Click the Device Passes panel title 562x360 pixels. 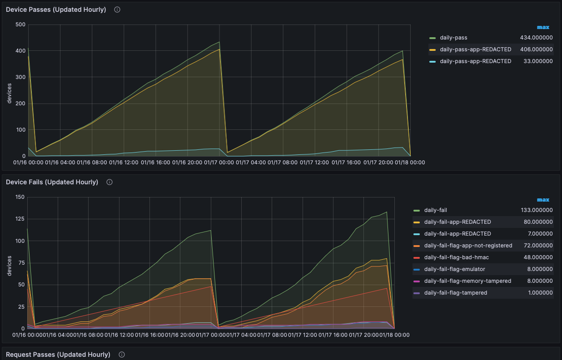pyautogui.click(x=56, y=10)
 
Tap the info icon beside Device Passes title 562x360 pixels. pyautogui.click(x=117, y=10)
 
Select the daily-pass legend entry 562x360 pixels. pyautogui.click(x=453, y=38)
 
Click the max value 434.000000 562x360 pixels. pyautogui.click(x=536, y=38)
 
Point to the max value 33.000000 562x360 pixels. pyautogui.click(x=538, y=61)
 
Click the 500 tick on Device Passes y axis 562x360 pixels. pyautogui.click(x=20, y=25)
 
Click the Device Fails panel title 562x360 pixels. pyautogui.click(x=52, y=182)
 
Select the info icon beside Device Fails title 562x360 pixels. pyautogui.click(x=109, y=182)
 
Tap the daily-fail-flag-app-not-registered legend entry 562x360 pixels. pyautogui.click(x=468, y=246)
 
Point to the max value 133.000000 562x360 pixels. pyautogui.click(x=537, y=210)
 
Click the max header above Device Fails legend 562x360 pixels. pyautogui.click(x=543, y=200)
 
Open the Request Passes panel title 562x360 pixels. pyautogui.click(x=58, y=355)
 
